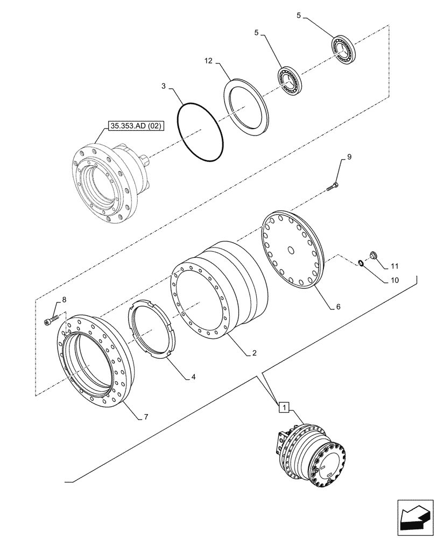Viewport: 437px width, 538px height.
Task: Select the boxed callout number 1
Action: pos(284,407)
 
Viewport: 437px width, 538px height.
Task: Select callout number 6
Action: pos(338,307)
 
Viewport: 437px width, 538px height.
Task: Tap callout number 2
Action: pos(253,353)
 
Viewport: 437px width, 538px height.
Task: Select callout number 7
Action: pos(146,417)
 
